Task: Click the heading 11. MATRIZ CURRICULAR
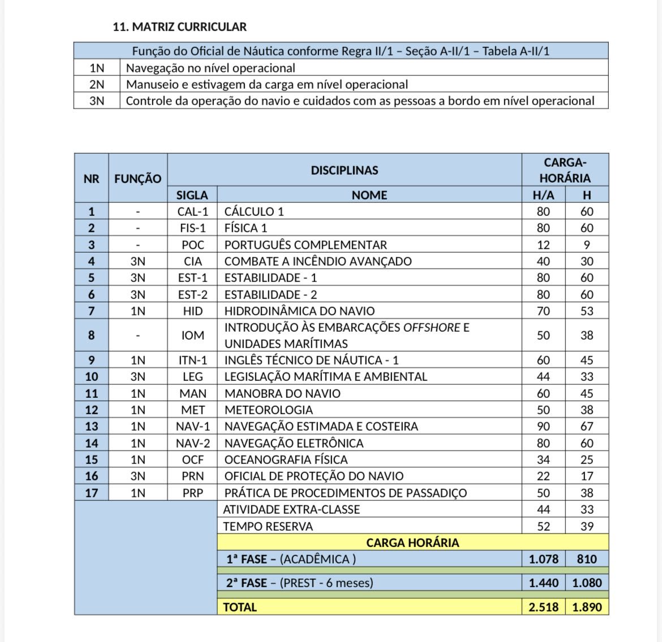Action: tap(179, 27)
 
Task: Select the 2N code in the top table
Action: tap(97, 85)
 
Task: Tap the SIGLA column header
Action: tap(192, 195)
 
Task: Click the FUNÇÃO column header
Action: tap(137, 179)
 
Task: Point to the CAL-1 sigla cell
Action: tap(192, 212)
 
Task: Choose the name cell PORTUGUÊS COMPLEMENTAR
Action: tap(306, 245)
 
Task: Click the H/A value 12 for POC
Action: tap(543, 245)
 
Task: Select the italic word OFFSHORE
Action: tap(432, 328)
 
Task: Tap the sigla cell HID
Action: tap(192, 311)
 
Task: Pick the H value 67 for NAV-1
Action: tap(587, 427)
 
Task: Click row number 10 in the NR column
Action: tap(91, 377)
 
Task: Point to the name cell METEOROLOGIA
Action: tap(268, 410)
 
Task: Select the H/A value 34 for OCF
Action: tap(543, 459)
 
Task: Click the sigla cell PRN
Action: tap(192, 476)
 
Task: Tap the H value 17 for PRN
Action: tap(587, 476)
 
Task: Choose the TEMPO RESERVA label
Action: tap(268, 526)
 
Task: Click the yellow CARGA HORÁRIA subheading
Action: tap(412, 543)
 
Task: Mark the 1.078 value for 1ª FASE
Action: tap(543, 559)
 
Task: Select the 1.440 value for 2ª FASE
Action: tap(543, 583)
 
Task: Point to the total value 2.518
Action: tap(543, 607)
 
